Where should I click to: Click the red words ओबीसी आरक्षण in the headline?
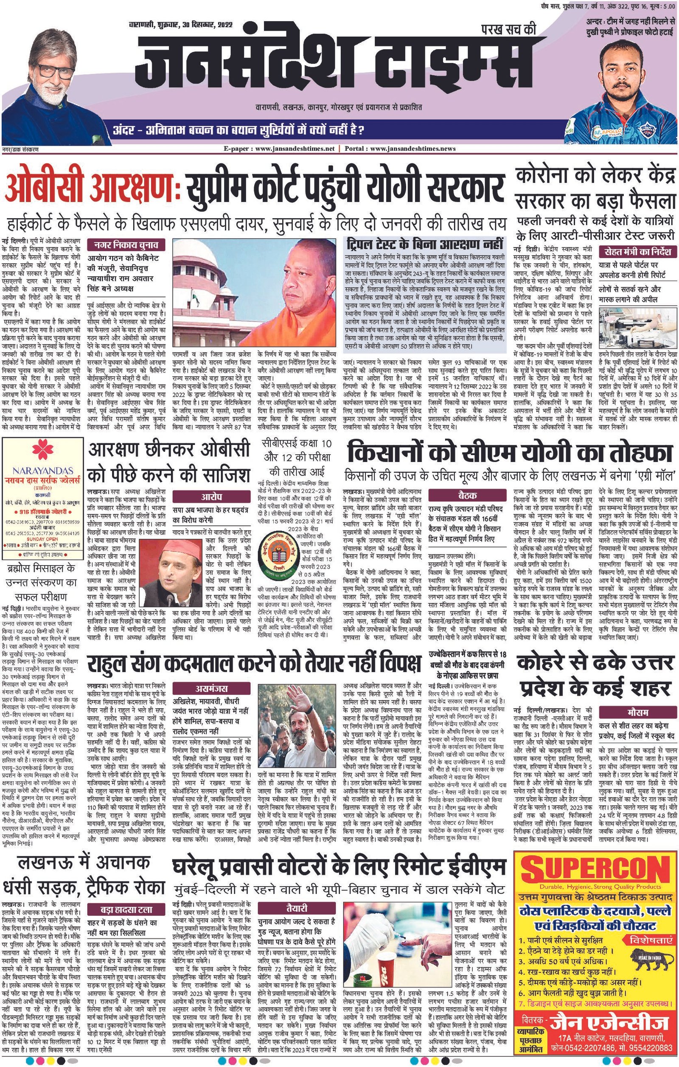[91, 189]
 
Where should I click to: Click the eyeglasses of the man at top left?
[52, 70]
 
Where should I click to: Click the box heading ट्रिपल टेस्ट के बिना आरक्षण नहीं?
[425, 244]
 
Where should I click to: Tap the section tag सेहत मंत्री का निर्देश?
[637, 252]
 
